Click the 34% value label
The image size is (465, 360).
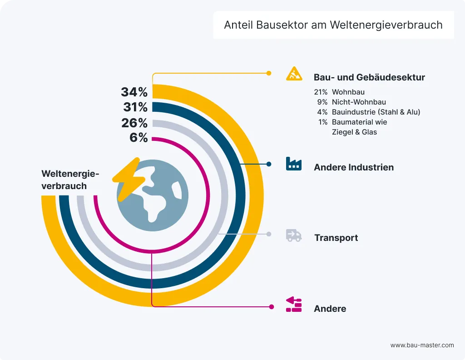point(134,92)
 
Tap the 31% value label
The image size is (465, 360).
point(135,108)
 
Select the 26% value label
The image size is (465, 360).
point(134,123)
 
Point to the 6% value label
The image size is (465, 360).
point(139,138)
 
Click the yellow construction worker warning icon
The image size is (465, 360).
point(294,74)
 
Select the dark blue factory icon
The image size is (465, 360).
point(294,164)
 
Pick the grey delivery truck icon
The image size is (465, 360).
point(294,235)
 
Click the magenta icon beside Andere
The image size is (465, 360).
point(294,305)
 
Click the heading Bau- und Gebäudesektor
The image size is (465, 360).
point(369,77)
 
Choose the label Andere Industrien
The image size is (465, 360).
point(354,167)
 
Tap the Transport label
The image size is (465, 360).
point(336,238)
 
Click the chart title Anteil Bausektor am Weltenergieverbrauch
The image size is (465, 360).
point(333,25)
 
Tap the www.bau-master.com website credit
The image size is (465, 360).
point(422,345)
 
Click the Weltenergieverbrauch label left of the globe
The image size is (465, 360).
point(70,180)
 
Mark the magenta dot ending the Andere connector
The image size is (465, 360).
point(272,307)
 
